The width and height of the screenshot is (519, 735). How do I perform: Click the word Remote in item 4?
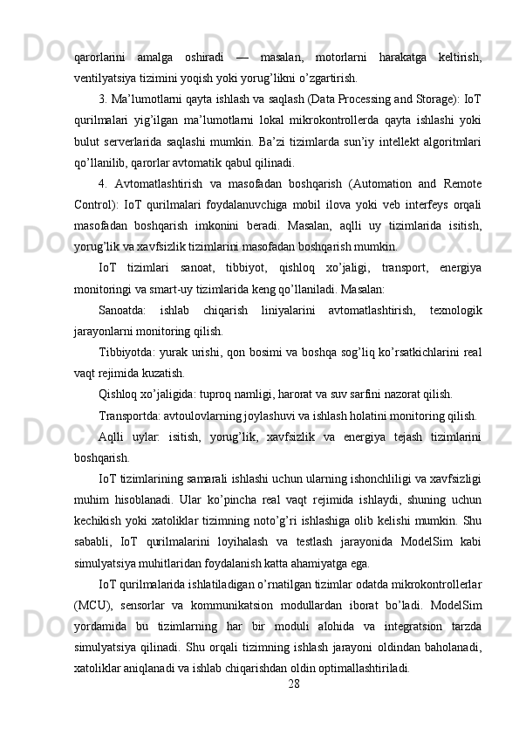[x=460, y=182]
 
